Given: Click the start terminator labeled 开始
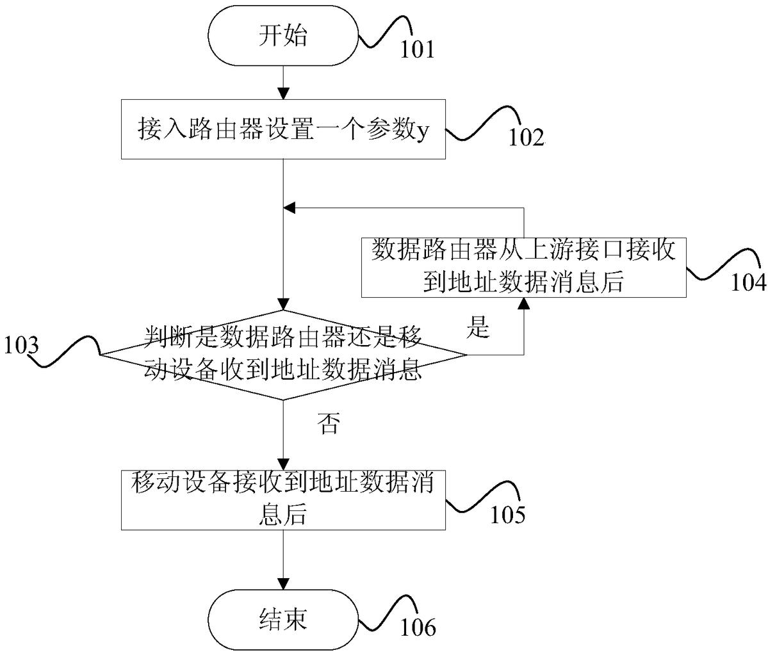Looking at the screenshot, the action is click(283, 35).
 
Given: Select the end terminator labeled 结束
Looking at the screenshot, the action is click(283, 619).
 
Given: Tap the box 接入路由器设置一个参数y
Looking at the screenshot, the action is click(283, 129).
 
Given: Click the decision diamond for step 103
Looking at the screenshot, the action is click(283, 355).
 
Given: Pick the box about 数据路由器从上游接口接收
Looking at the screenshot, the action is click(523, 267).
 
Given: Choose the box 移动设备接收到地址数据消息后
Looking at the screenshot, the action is click(283, 500).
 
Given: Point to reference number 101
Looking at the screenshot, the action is click(417, 50).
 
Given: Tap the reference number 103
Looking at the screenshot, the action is click(22, 346).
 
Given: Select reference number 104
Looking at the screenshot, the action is click(749, 282).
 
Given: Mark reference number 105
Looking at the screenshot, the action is click(508, 515).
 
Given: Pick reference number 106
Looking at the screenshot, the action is click(418, 627).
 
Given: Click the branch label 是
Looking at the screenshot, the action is click(478, 327).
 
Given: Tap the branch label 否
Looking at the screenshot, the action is click(329, 423).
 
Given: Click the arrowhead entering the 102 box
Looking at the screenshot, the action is click(284, 93).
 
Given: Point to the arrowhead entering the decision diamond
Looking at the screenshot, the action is click(284, 304).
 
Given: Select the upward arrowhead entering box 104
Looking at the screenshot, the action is click(523, 303).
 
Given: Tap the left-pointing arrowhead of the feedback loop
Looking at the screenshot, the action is click(290, 209).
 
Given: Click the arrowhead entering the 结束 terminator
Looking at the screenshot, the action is click(284, 583).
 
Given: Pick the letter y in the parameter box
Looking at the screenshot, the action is click(422, 132).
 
